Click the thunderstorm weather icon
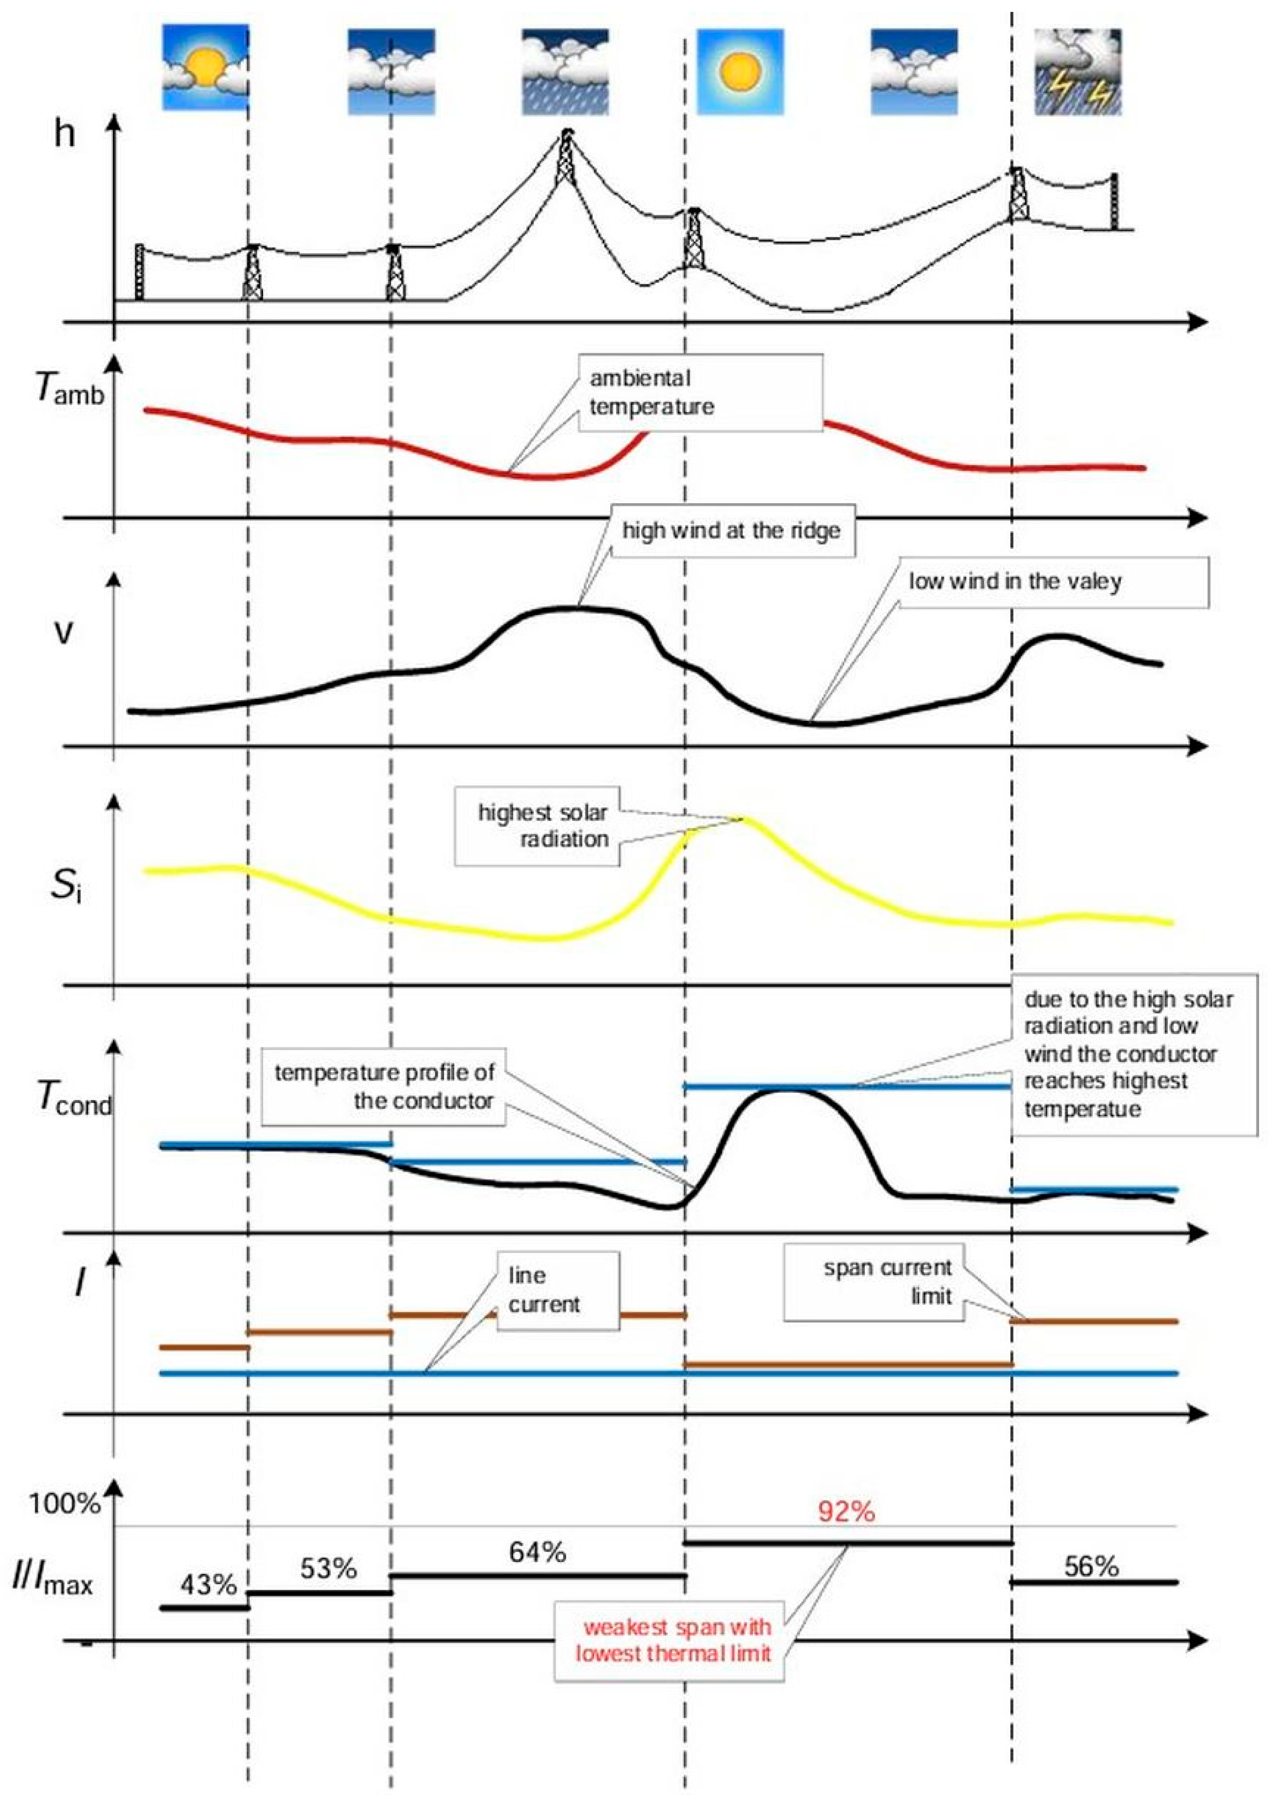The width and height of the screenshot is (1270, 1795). point(1078,72)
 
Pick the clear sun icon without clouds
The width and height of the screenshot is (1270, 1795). point(739,72)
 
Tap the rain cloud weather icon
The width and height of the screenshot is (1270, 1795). point(565,72)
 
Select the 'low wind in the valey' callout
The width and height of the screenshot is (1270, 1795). point(1014,582)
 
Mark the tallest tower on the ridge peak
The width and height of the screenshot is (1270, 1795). point(565,160)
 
